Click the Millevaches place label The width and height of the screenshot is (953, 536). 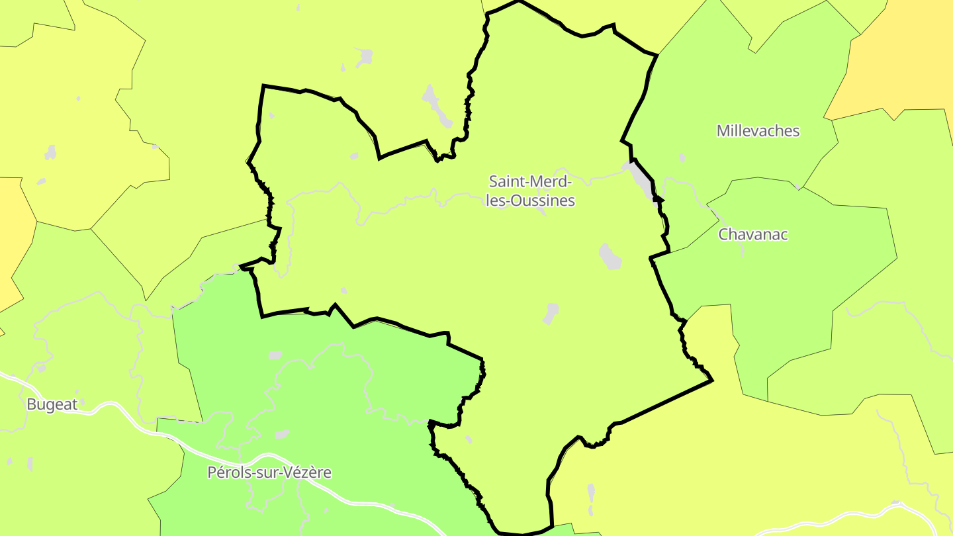(x=758, y=131)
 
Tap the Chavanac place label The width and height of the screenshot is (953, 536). (x=753, y=234)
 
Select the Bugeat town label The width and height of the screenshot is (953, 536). (x=52, y=404)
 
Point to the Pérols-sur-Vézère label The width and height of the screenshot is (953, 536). (x=269, y=472)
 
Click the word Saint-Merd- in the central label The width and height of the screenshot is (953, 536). (x=530, y=181)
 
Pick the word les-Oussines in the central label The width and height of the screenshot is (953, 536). (x=530, y=201)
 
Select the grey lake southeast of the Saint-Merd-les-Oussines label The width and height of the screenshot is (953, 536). (x=610, y=256)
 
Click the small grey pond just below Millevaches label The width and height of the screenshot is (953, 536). (x=682, y=158)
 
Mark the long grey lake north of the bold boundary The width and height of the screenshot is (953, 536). (x=437, y=106)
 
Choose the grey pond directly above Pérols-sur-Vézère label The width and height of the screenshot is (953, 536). (x=283, y=435)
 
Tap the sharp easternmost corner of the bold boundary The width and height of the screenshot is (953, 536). (x=712, y=380)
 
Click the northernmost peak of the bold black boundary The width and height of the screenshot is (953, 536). (x=518, y=1)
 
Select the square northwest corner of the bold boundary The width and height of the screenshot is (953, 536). (x=263, y=86)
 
